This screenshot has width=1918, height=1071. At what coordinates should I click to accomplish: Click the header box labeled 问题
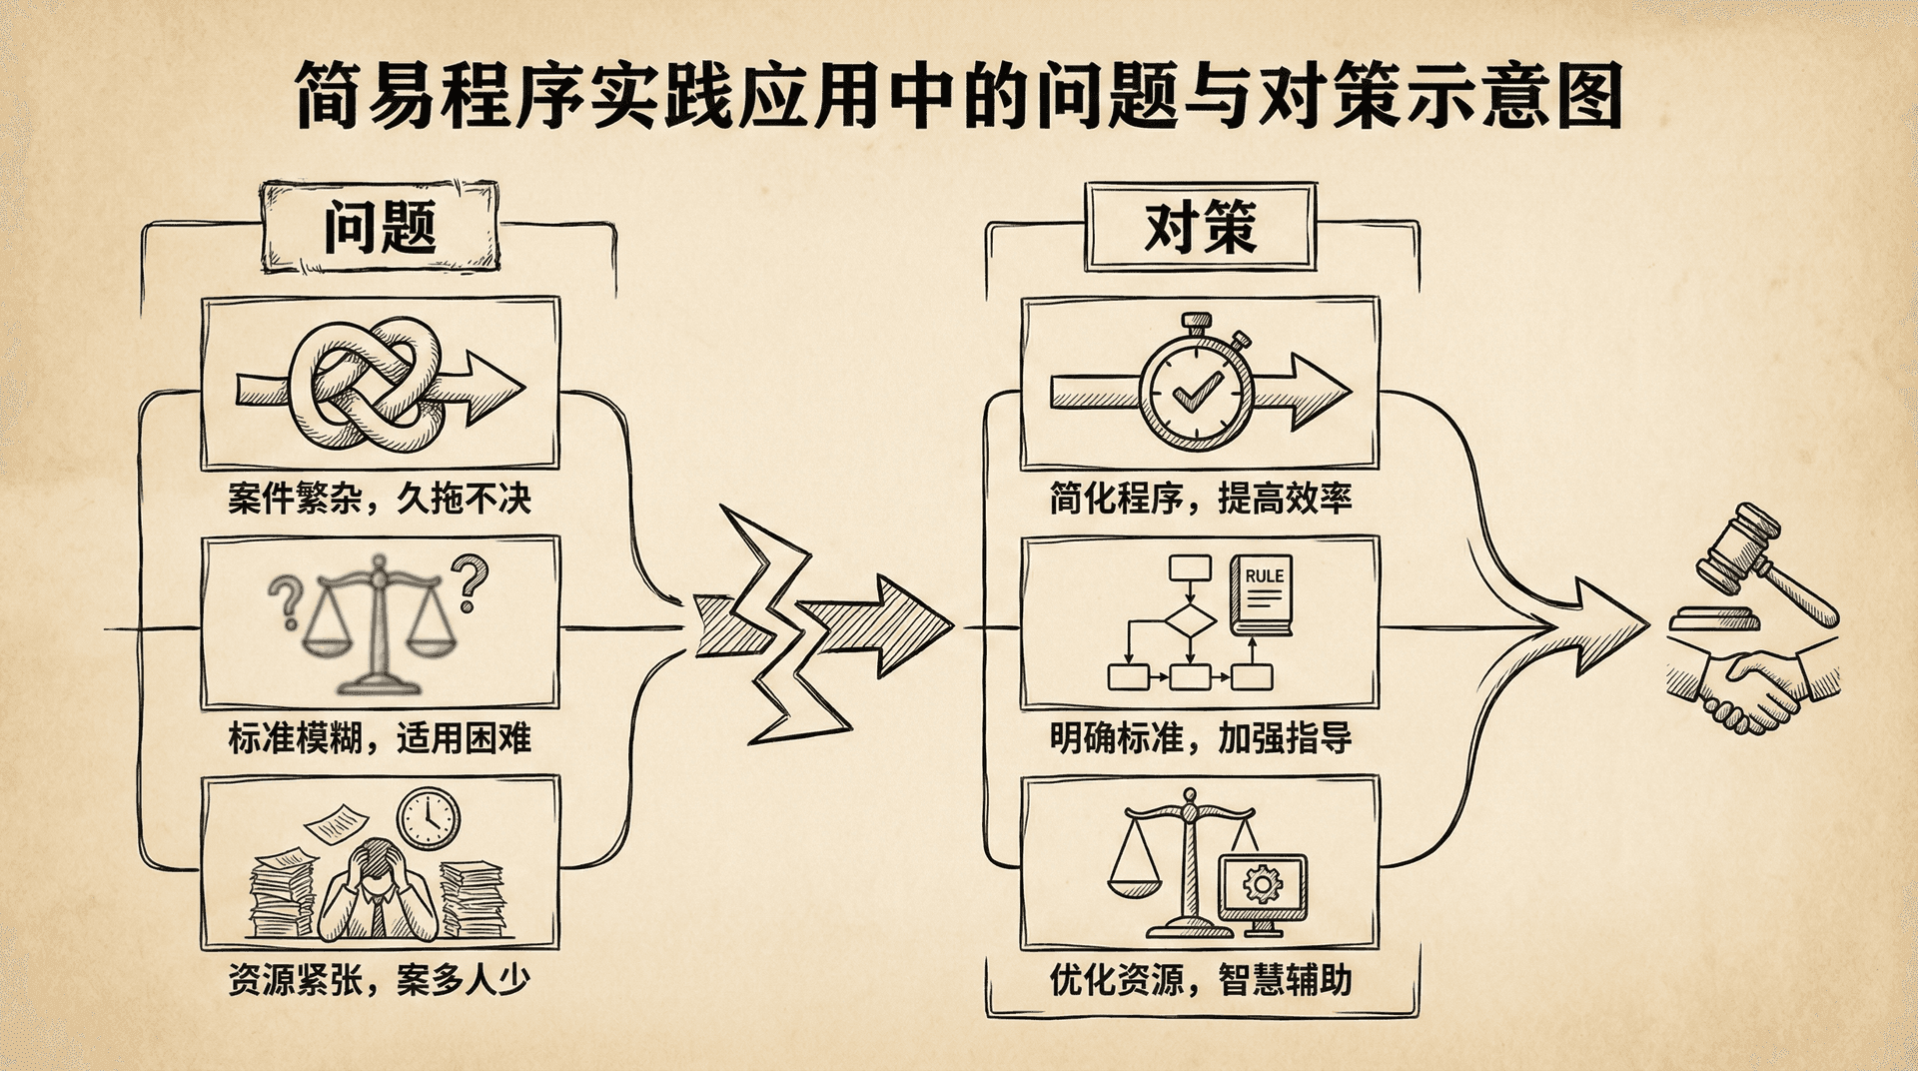click(380, 227)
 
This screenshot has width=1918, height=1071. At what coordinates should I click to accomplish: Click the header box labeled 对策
click(1200, 227)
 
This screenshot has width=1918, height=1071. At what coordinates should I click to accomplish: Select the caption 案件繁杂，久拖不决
click(379, 498)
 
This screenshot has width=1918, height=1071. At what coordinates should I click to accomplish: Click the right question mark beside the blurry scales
click(470, 582)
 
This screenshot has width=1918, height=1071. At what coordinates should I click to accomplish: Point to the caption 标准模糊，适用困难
click(379, 738)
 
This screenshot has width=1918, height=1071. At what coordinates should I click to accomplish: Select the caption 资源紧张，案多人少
click(379, 979)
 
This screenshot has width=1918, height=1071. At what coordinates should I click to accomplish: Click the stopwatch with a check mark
click(1196, 390)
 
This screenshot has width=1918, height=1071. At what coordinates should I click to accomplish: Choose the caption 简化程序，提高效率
click(1200, 498)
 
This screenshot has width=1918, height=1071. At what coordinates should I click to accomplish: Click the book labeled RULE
click(1262, 595)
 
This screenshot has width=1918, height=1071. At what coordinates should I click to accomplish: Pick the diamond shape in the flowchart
click(1190, 620)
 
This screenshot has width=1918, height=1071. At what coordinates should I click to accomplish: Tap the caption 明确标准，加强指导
click(1200, 738)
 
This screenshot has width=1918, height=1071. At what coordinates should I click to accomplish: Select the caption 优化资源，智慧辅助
click(1200, 979)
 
